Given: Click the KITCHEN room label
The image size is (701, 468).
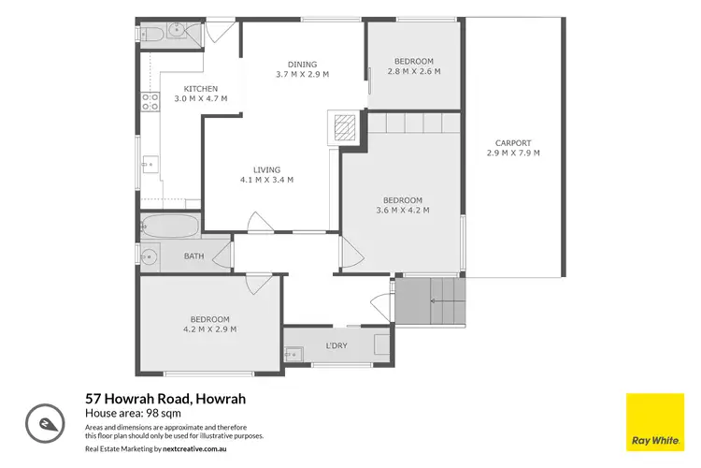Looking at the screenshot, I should (x=200, y=89).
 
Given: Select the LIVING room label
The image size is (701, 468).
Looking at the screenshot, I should (x=266, y=169).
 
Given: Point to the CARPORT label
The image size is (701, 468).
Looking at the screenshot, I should (x=513, y=143).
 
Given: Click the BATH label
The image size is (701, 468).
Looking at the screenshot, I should (x=193, y=256).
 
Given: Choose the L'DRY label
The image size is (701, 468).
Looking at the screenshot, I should (x=337, y=346).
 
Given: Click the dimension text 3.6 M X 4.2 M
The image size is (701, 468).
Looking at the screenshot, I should (x=402, y=211).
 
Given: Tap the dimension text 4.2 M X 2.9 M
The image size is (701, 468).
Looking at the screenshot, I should (x=209, y=329).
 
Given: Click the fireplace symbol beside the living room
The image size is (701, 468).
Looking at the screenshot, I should (x=343, y=125).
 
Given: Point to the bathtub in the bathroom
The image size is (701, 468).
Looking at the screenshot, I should (x=170, y=226).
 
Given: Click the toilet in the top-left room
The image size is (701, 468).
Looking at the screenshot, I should (x=154, y=34).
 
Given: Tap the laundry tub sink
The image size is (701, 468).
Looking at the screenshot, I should (x=293, y=354).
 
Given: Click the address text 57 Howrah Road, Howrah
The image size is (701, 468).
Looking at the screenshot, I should (x=165, y=399).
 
